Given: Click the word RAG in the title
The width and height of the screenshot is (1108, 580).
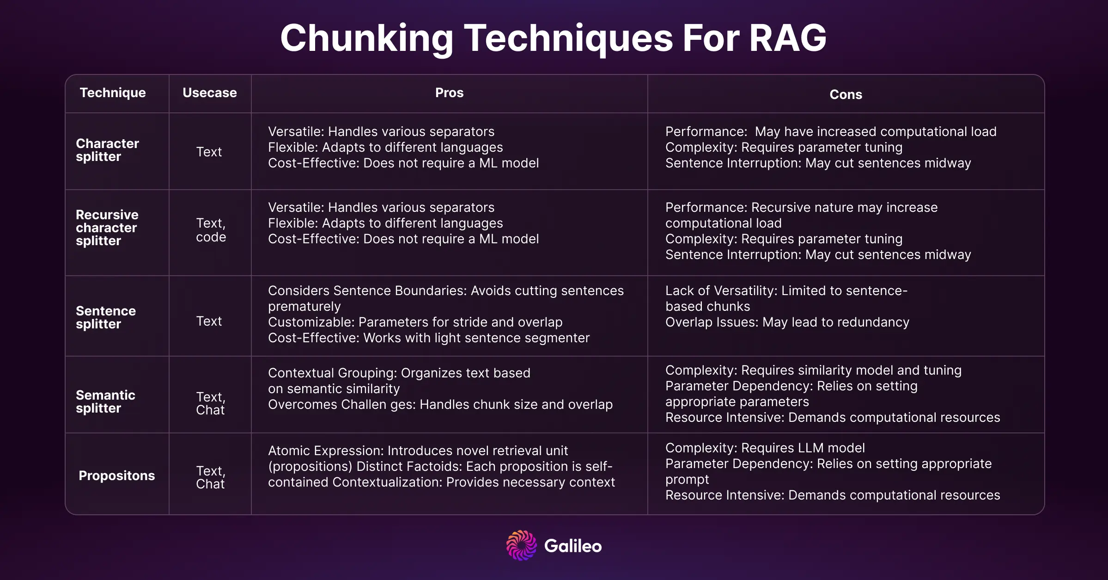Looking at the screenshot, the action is tap(788, 38).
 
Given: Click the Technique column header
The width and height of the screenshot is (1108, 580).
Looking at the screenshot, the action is tap(113, 93).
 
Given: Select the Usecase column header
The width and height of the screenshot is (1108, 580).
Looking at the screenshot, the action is tap(210, 93).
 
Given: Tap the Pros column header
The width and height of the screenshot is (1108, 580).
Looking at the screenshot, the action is tap(449, 93).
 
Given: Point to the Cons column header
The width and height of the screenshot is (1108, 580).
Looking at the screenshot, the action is tap(846, 95).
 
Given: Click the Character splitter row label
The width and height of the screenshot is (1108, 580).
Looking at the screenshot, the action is tap(107, 150).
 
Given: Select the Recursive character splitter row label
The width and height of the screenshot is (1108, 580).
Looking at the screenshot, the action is tap(107, 228).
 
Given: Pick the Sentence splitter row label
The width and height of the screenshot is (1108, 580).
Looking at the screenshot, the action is tap(106, 318).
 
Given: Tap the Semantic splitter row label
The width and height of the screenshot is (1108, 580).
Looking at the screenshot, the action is tap(105, 402).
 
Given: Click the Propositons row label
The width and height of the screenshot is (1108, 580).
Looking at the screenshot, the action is tap(117, 476).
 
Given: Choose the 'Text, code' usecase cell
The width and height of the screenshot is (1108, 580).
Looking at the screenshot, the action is tap(211, 230).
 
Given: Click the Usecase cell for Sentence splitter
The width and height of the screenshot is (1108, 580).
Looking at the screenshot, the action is tap(209, 321).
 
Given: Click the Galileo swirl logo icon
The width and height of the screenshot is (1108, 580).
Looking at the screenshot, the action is tap(522, 546).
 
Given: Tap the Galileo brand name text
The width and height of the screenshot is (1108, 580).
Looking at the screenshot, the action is tap(573, 546).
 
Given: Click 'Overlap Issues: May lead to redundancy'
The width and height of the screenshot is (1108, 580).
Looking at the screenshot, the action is tap(787, 322).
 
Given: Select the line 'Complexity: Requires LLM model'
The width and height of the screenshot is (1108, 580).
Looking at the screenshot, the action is tap(765, 448).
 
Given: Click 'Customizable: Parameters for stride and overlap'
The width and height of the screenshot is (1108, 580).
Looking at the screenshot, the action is tap(415, 322).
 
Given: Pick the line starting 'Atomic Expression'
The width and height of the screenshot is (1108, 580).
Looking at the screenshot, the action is tap(418, 451).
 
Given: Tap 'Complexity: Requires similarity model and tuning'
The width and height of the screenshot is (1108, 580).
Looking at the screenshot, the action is tap(813, 370).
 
